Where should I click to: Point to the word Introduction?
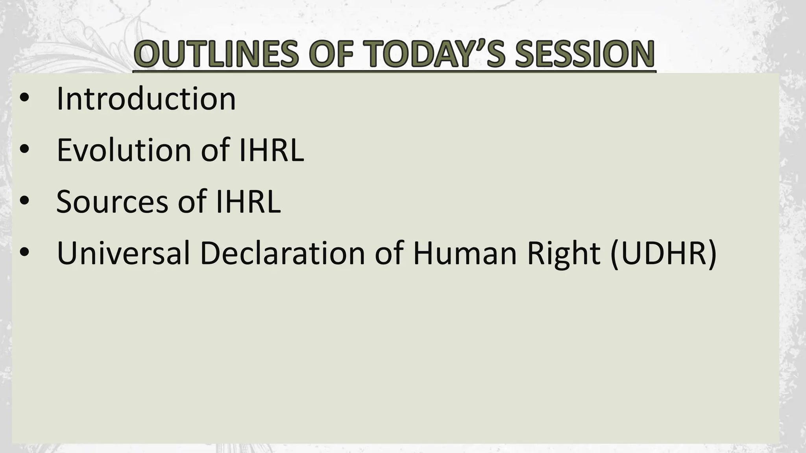(146, 99)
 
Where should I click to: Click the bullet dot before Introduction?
(24, 99)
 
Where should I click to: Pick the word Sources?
(113, 201)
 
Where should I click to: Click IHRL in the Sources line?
(248, 201)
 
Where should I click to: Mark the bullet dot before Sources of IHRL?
(24, 201)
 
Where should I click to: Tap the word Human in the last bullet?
(465, 253)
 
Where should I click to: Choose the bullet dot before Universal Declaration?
(24, 253)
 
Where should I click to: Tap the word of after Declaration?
(389, 253)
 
